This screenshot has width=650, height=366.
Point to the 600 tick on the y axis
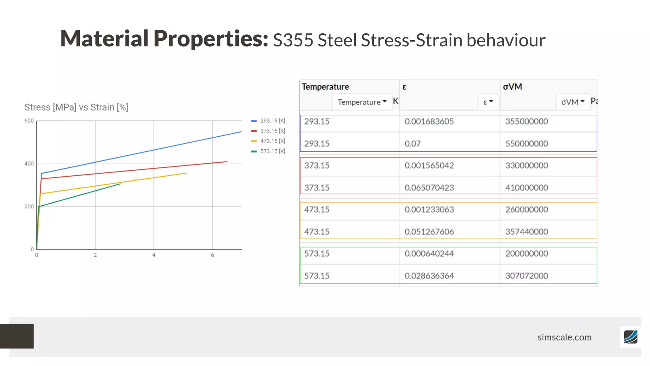29,121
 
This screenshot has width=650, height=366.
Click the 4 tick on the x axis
154,255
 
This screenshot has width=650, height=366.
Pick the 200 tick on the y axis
29,207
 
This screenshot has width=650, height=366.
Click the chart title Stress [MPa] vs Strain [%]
76,107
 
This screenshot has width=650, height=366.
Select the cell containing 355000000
527,121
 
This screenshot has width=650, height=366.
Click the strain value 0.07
413,144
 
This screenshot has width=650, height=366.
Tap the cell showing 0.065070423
429,188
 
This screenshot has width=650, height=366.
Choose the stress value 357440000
527,232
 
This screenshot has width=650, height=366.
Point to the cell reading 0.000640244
429,254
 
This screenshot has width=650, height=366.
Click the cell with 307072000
527,276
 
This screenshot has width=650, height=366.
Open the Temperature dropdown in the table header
362,102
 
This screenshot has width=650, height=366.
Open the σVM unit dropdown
573,102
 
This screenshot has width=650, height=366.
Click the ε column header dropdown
488,102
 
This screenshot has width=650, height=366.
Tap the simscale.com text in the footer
564,337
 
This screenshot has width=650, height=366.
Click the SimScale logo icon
630,337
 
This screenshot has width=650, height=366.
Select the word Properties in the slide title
211,39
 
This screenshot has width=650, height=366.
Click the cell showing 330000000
527,166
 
